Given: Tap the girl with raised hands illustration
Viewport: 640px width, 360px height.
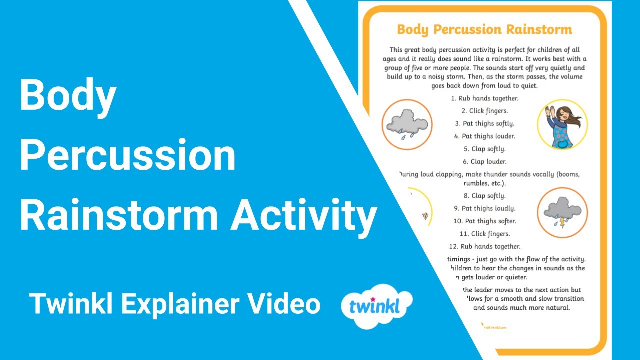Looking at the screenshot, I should [x=562, y=124].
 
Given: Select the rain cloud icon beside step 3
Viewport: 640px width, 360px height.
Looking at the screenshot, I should [x=407, y=124].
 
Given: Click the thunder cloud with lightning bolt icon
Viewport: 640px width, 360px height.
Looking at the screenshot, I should [x=562, y=213].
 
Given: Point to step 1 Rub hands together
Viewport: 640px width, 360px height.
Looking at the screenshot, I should [x=484, y=98].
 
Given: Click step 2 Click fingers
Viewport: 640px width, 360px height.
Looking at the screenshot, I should [x=484, y=111].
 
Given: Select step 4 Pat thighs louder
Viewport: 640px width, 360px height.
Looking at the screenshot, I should [x=484, y=136].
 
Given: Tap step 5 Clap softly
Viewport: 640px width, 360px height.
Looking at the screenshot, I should [x=484, y=149].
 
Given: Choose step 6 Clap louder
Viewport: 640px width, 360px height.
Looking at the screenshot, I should [x=484, y=161].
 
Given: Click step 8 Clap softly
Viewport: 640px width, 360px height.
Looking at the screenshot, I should [x=484, y=196].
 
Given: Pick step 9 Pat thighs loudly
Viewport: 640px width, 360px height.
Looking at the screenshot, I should [x=484, y=208].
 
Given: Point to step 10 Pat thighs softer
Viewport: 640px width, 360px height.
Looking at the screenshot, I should [x=484, y=221].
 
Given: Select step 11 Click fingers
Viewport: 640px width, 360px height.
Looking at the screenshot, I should [x=484, y=234].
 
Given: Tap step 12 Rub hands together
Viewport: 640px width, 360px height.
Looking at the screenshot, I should [x=484, y=246].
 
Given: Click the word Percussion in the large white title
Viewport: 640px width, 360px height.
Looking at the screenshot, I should [x=127, y=156].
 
